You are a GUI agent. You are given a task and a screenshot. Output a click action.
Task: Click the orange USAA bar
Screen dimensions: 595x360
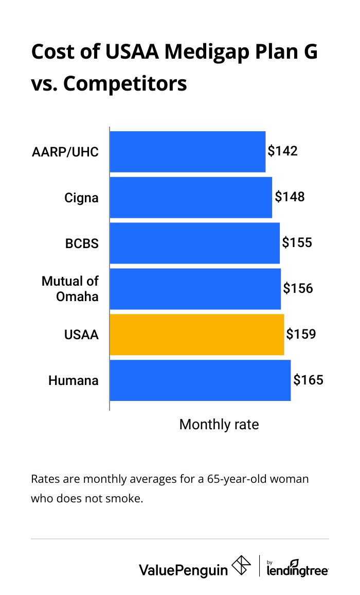point(196,335)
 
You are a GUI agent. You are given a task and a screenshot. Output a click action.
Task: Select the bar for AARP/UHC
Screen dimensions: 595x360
point(187,151)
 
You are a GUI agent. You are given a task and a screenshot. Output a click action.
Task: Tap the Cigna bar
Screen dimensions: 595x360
point(190,197)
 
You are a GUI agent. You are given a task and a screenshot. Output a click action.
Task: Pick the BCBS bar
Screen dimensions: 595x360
point(194,243)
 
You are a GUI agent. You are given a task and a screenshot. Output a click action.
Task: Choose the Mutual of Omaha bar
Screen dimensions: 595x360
point(195,289)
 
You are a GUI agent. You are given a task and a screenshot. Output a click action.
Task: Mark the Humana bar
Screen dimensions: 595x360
point(200,380)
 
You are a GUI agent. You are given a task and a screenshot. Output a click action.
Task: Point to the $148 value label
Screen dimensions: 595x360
point(290,197)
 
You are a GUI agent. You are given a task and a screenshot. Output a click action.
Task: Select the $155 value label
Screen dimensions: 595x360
point(297,242)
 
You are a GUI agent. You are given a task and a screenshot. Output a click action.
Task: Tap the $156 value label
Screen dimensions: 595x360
point(298,288)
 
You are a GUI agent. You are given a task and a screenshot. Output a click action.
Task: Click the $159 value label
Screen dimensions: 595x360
point(301,334)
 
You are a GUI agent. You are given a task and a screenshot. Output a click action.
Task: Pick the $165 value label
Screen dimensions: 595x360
point(308,380)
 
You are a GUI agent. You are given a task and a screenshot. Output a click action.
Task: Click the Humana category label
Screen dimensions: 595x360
point(73,381)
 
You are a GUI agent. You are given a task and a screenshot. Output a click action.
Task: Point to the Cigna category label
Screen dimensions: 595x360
point(81,197)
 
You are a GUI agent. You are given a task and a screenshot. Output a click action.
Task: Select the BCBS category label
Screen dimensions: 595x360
point(82,243)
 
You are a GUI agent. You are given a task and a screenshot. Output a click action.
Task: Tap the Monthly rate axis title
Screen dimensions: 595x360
point(219,425)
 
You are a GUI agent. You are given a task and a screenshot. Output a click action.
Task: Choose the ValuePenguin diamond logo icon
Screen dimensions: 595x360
point(241,566)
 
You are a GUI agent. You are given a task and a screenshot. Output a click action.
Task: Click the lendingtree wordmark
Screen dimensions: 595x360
point(298,570)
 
